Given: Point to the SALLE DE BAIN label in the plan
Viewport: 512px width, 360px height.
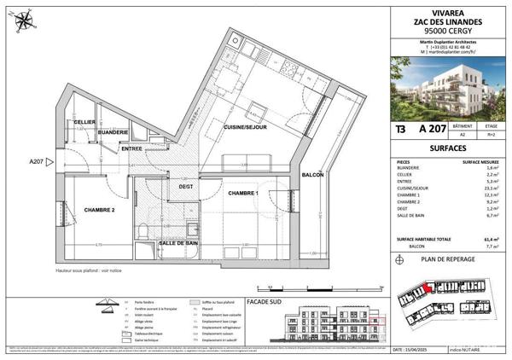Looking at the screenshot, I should [178, 243].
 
